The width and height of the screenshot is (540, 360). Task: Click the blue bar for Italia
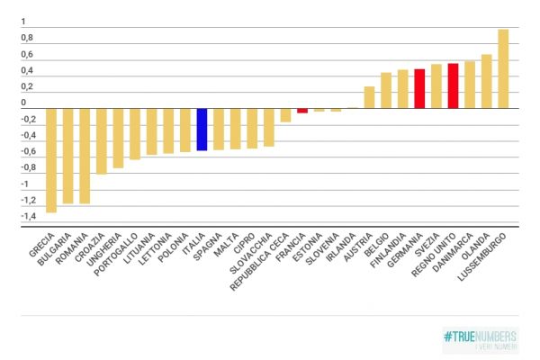click(x=202, y=129)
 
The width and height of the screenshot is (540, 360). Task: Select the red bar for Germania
click(x=419, y=88)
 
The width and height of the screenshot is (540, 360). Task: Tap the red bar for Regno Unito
click(x=453, y=85)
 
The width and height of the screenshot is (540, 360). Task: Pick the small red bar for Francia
click(x=302, y=111)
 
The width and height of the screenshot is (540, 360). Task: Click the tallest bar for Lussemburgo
click(x=503, y=68)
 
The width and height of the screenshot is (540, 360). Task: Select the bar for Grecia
click(x=51, y=160)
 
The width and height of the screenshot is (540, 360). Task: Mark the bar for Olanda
click(x=486, y=81)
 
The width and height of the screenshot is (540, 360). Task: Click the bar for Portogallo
click(x=135, y=134)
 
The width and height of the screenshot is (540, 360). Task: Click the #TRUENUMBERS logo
click(x=480, y=339)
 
